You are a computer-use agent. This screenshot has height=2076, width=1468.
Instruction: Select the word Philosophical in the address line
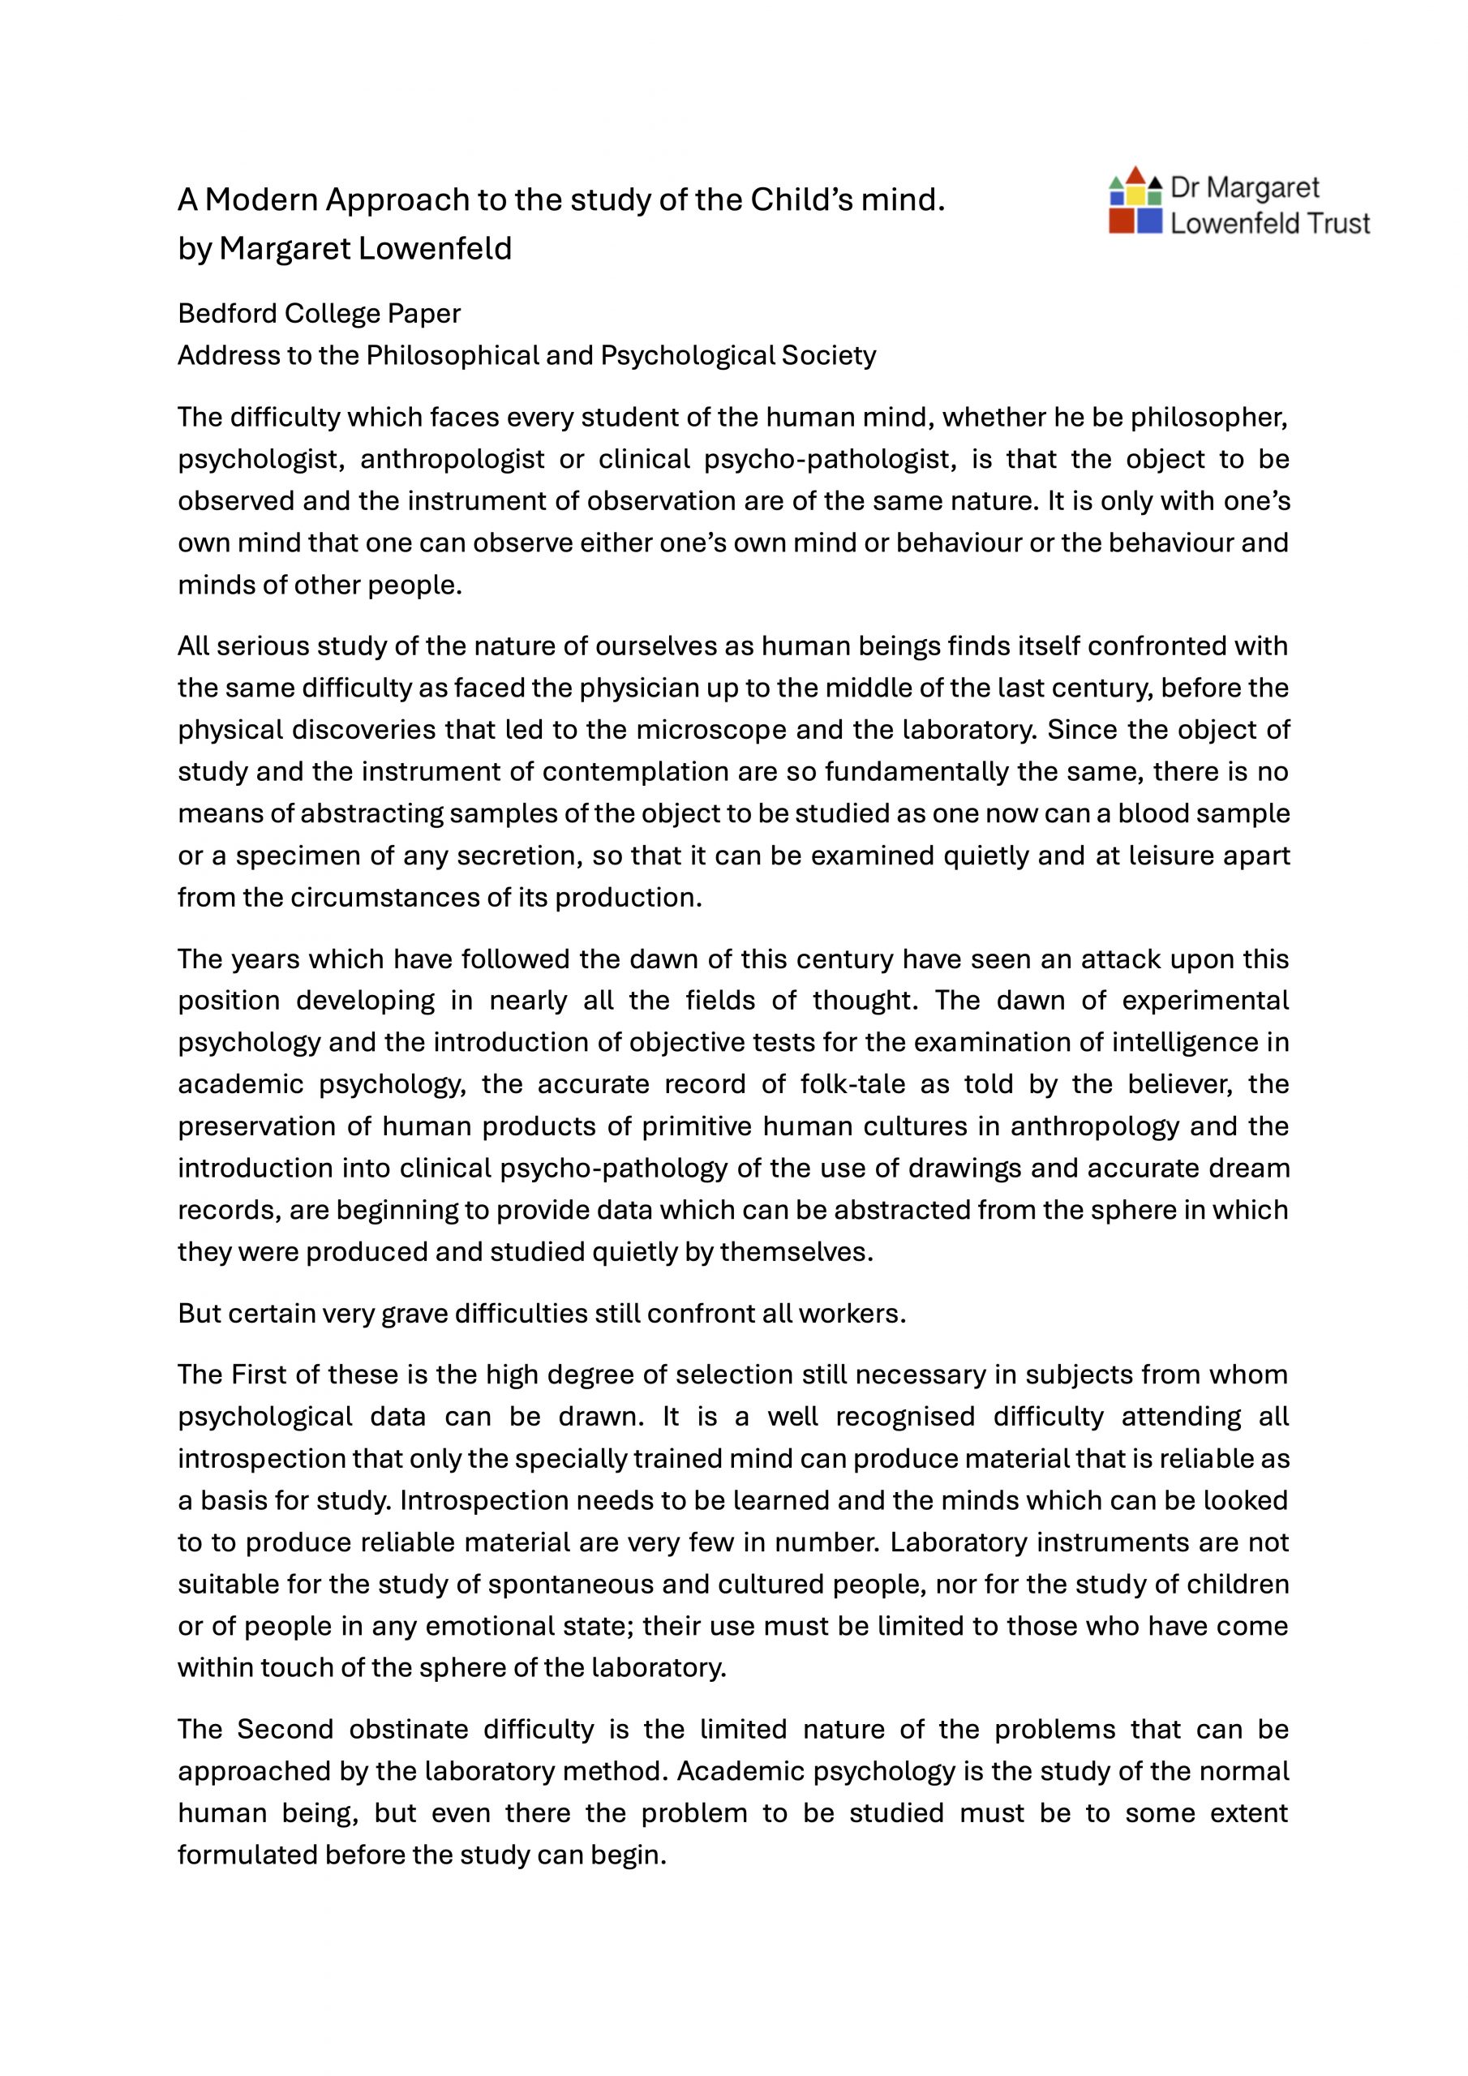453,355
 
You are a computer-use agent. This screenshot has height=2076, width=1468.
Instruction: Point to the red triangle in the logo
1136,174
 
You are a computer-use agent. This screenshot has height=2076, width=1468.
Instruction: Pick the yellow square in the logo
1136,195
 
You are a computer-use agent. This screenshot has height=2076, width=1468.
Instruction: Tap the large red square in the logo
1122,221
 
